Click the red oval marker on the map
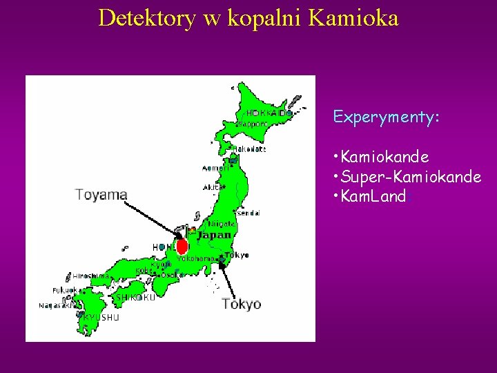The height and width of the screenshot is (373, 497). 182,246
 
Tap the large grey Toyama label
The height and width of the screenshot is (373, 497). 101,195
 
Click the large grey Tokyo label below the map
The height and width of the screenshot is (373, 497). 241,304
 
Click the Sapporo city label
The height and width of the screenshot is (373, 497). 252,124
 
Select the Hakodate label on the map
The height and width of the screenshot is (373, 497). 250,149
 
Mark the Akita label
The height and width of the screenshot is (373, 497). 213,186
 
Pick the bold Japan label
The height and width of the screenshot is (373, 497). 213,236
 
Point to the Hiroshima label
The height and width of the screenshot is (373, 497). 90,275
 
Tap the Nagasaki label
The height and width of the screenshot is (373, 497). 53,305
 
